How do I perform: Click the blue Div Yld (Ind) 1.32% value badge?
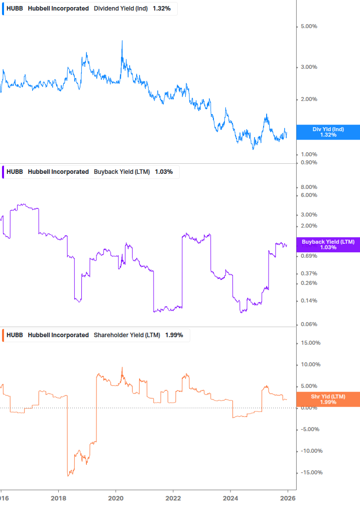tap(328, 132)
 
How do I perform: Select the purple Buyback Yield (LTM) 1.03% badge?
tap(328, 244)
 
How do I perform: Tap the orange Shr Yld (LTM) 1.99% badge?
tap(328, 399)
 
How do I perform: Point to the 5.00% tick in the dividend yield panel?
tap(309, 26)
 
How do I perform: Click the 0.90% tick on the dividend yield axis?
tap(309, 162)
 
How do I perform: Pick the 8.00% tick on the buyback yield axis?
tap(309, 187)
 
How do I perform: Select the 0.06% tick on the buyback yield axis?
tap(309, 324)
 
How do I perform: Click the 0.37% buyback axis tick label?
tap(309, 273)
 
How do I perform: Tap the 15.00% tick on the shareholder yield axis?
tap(310, 343)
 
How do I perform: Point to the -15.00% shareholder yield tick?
tap(310, 472)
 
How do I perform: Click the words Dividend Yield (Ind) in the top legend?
tap(121, 9)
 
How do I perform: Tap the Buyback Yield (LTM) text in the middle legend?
tap(122, 172)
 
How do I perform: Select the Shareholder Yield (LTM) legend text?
tap(127, 335)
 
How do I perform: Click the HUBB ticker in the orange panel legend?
tap(15, 335)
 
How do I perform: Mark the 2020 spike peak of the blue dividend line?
tap(122, 41)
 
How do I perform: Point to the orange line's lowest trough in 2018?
tap(69, 475)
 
